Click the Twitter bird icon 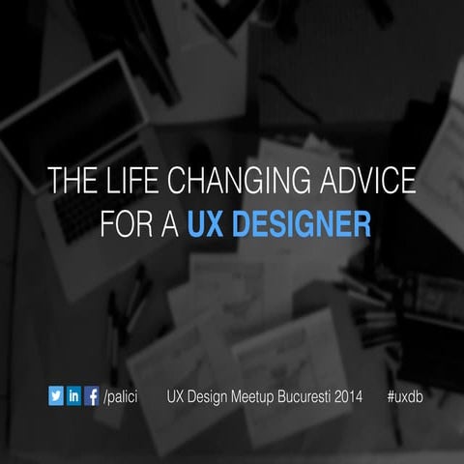click(x=56, y=395)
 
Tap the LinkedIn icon click(x=73, y=395)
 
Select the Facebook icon click(x=92, y=395)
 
